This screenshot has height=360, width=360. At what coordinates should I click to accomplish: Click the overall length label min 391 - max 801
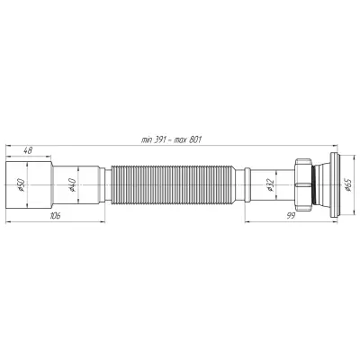point(171,140)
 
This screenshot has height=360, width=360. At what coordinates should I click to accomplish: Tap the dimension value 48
point(28,151)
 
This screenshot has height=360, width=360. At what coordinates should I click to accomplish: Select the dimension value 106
point(56,216)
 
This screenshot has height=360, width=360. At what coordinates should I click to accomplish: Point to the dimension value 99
point(290,216)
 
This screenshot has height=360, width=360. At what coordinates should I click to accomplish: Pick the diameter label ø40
point(72,184)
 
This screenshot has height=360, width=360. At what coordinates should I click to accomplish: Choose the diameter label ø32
point(269,185)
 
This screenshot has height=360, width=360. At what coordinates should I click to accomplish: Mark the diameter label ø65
point(347,184)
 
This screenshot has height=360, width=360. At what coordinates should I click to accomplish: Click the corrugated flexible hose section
point(173,184)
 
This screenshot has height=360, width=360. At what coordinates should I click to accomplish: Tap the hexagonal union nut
point(303,184)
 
